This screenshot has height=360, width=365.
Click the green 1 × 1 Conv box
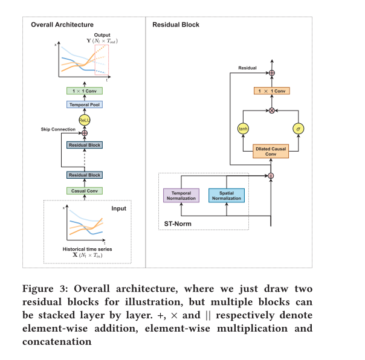[84, 91]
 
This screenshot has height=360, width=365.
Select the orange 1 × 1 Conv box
[271, 91]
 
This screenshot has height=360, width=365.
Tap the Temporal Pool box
[84, 104]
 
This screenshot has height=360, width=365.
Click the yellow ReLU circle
[84, 120]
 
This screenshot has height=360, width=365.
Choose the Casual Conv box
[84, 190]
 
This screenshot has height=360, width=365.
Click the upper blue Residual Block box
[84, 145]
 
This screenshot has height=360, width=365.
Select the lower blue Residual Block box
[84, 175]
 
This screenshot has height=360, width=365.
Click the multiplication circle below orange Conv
[271, 111]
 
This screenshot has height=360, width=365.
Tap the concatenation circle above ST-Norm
[271, 176]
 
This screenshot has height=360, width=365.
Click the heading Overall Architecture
[62, 25]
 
